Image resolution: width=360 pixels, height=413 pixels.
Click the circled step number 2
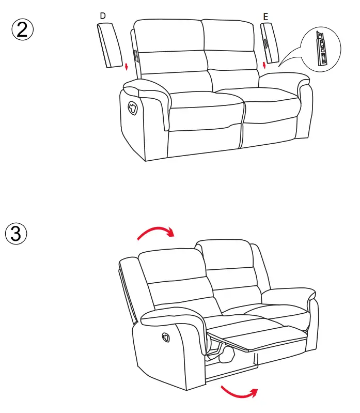pos(22,29)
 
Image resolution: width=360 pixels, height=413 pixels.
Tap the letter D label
pos(103,16)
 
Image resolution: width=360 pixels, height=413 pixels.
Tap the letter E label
pos(265,17)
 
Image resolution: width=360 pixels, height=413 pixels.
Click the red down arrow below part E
pos(264,65)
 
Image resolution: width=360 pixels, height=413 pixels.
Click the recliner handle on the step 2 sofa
pos(132,107)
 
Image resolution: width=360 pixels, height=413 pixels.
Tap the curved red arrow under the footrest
pos(239,393)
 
